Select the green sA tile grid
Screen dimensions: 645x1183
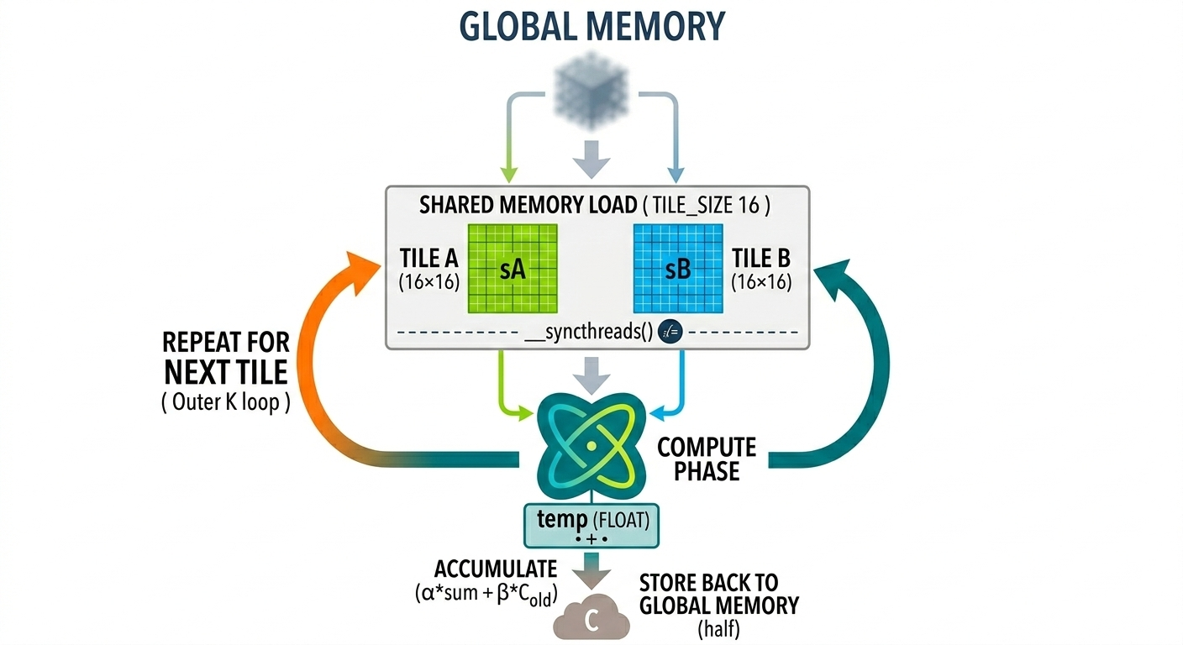(512, 268)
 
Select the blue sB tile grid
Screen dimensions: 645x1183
(677, 268)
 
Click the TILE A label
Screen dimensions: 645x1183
(429, 257)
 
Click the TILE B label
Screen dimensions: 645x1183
(761, 257)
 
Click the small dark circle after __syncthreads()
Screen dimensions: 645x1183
(670, 332)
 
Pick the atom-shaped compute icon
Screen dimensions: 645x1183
(591, 443)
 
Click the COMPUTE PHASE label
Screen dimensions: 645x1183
(706, 459)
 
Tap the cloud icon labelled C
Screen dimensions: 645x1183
(591, 620)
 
